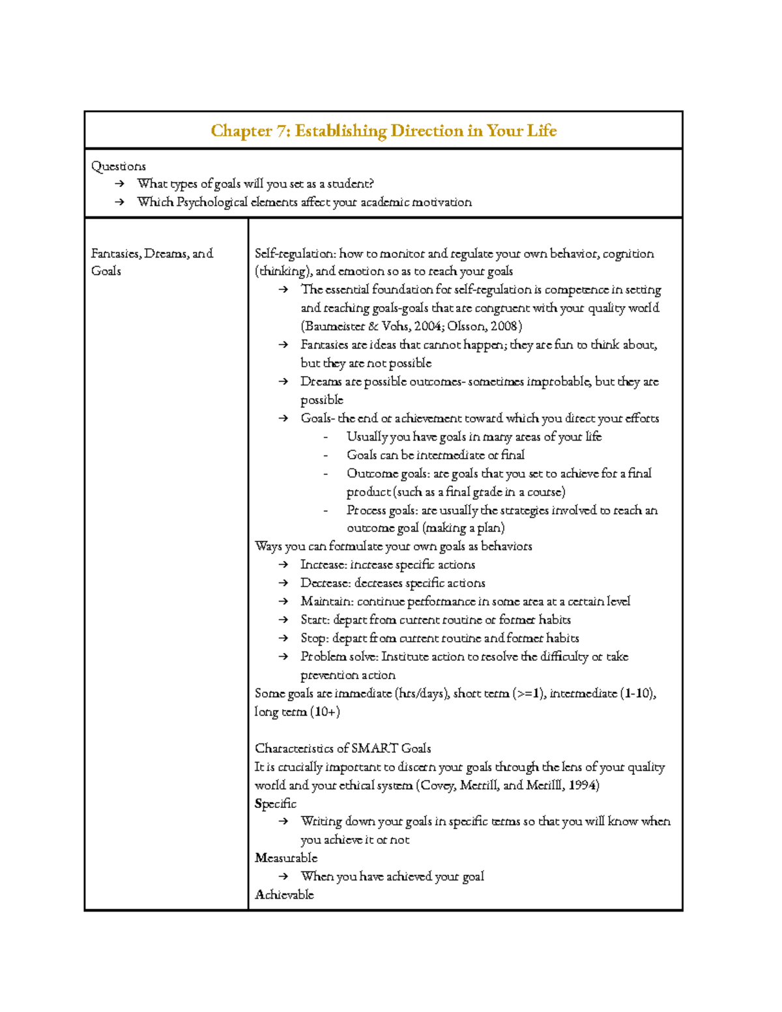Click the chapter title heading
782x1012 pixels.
tap(383, 131)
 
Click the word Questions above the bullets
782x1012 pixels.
tap(118, 166)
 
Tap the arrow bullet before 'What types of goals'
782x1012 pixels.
tap(119, 184)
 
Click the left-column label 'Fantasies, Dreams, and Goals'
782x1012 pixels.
tap(151, 262)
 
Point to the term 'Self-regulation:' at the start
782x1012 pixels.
tap(295, 253)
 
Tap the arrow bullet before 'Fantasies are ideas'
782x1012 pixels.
tap(283, 345)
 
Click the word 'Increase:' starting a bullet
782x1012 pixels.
tap(323, 565)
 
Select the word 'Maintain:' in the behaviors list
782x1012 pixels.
tap(326, 601)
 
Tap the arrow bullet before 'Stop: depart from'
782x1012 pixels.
tap(283, 639)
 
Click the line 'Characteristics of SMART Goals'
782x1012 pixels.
tap(343, 749)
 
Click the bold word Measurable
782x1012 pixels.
tap(286, 858)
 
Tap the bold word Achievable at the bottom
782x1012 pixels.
tap(284, 895)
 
